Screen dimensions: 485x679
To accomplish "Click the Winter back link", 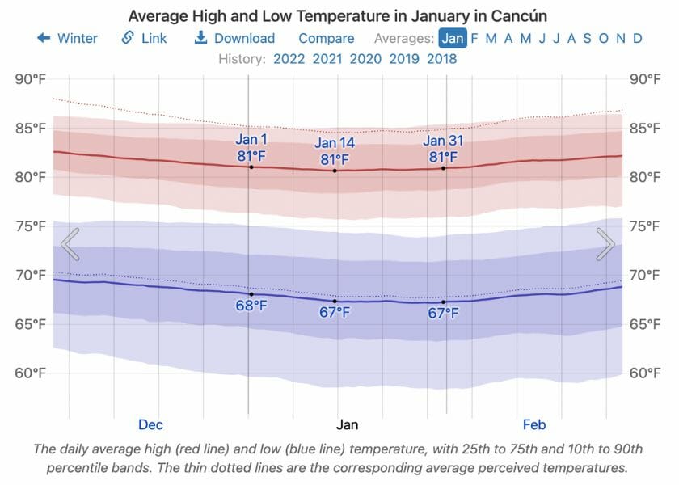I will [68, 38].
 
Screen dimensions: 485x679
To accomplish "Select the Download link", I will [234, 38].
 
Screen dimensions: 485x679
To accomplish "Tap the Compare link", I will [326, 38].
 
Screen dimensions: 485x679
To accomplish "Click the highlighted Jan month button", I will [453, 38].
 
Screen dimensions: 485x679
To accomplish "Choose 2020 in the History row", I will [365, 58].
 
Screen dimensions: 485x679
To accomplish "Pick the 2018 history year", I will [441, 58].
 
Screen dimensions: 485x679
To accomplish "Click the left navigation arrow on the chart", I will [70, 244].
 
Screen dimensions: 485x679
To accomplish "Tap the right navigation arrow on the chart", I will [605, 244].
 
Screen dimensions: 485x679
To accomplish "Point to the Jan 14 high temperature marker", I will [335, 171].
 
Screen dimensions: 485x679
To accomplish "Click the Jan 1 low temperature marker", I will [251, 294].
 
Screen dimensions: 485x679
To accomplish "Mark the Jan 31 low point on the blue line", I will [443, 302].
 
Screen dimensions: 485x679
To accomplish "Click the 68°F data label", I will [251, 306].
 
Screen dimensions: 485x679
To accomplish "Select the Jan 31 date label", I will [443, 140].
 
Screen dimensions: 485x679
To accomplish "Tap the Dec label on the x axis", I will [150, 424].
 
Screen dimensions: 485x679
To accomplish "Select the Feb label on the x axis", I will [534, 424].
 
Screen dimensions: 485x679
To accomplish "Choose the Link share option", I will [145, 38].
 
